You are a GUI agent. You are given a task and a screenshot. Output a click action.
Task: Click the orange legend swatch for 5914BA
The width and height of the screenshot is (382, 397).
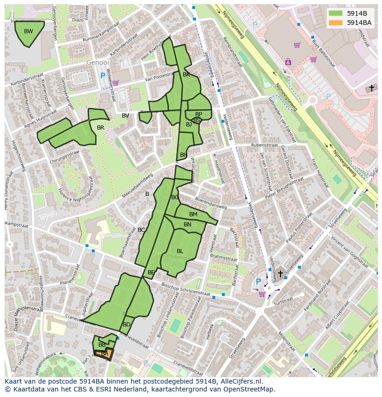[x=336, y=23]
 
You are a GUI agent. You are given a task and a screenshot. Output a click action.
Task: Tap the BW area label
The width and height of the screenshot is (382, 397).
[x=29, y=31]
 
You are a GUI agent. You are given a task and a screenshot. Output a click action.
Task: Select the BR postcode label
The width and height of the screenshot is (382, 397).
[x=101, y=128]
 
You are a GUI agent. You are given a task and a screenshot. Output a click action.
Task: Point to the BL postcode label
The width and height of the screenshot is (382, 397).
[x=180, y=251]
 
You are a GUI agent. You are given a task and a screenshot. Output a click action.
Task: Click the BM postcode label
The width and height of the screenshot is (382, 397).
[x=193, y=214]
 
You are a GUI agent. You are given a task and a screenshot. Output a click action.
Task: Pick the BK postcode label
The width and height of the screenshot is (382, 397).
[x=186, y=75]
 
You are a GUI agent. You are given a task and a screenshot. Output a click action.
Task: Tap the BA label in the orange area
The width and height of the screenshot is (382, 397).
[x=105, y=354]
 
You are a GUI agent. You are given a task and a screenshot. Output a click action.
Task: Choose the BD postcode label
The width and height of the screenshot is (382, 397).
[x=126, y=325]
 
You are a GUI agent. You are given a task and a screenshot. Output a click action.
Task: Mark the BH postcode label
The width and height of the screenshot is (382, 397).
[x=184, y=155]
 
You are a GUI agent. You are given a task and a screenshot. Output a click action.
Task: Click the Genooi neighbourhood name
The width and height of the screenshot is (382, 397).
[x=98, y=62]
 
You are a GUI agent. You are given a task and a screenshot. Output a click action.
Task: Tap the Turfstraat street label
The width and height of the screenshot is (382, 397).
[x=283, y=304]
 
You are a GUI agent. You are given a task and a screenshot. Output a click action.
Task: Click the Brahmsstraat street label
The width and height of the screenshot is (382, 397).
[x=223, y=257]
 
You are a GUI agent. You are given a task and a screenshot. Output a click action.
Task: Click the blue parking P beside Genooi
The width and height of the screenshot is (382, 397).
[x=102, y=76]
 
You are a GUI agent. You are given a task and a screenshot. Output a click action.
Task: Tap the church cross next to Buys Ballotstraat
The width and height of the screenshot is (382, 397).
[x=371, y=88]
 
